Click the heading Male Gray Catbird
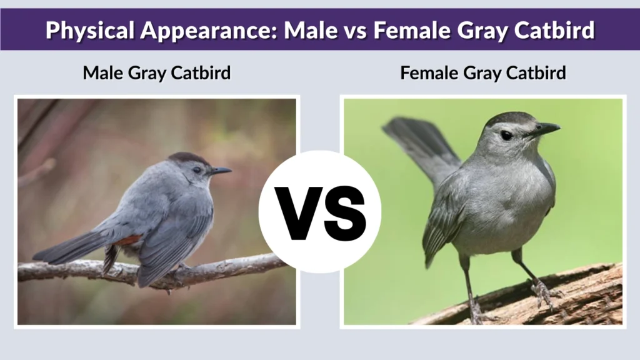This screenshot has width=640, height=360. coord(157,72)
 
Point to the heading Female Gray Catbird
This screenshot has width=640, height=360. coord(483,72)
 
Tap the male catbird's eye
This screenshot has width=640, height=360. coord(197,169)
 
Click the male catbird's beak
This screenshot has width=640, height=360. coord(221,170)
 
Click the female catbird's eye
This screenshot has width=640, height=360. coord(506,135)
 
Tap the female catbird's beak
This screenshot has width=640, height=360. coord(544,129)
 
